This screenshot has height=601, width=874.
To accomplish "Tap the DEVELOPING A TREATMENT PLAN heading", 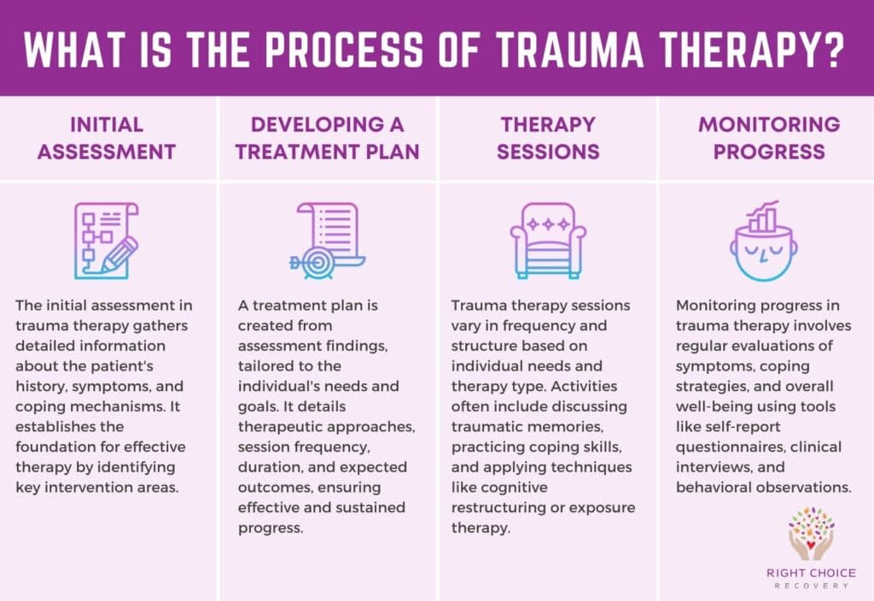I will [328, 138].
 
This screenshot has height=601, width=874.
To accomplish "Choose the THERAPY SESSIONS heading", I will [547, 138].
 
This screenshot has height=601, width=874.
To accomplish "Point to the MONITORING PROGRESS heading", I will [768, 138].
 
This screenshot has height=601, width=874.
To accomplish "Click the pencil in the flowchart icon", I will [119, 254].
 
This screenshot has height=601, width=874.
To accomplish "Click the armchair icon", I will [547, 241].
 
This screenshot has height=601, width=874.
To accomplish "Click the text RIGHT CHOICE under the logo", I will [810, 573].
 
